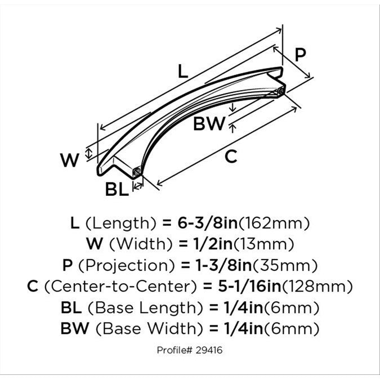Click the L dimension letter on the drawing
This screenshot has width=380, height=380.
tap(183, 71)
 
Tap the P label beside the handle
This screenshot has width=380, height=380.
tap(300, 55)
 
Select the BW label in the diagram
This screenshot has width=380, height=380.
tap(209, 123)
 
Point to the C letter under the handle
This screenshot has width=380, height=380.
tap(230, 157)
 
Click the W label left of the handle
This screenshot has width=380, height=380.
tap(70, 160)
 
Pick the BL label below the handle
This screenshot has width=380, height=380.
tap(117, 189)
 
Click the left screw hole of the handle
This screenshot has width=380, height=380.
tap(137, 172)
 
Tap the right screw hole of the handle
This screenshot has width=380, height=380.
tap(281, 91)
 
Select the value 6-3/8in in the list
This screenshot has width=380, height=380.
tap(208, 223)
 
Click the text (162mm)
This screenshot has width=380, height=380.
tap(274, 223)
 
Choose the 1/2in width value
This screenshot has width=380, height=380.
tap(213, 244)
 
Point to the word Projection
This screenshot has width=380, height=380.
tap(126, 265)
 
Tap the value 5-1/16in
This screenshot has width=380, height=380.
tap(249, 286)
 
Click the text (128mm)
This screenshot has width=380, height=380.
tap(318, 287)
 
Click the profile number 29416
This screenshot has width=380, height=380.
tap(209, 350)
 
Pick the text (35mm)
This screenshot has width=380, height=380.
tap(285, 265)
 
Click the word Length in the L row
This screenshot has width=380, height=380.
tap(120, 223)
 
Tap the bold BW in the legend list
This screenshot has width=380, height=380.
tap(75, 328)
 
